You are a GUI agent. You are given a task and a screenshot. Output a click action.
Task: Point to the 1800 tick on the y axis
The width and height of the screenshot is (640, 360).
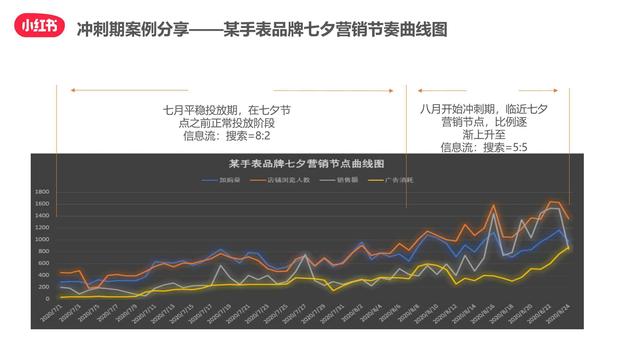(42, 192)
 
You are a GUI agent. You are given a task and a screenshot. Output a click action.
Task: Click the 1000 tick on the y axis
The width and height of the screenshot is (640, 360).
(42, 240)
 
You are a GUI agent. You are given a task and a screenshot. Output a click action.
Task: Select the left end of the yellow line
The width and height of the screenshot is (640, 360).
(60, 297)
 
